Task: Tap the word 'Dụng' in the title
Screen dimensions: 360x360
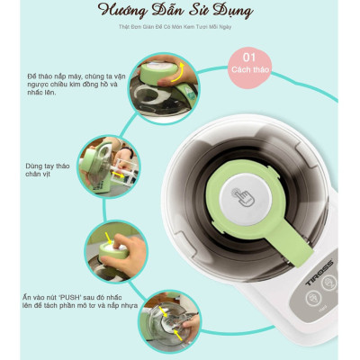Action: [x=230, y=12]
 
